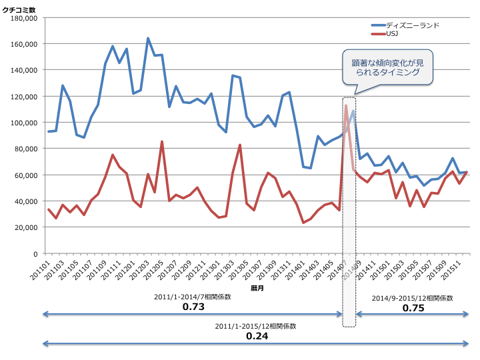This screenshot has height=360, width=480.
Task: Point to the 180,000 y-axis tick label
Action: pyautogui.click(x=23, y=18)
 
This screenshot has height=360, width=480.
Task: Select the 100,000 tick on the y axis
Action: pyautogui.click(x=23, y=123)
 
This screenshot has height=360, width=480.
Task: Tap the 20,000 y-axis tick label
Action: pyautogui.click(x=25, y=227)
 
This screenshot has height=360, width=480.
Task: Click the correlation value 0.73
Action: pyautogui.click(x=192, y=308)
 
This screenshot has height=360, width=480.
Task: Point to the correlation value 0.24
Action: pyautogui.click(x=256, y=337)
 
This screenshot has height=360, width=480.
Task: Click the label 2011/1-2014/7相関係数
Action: pyautogui.click(x=192, y=297)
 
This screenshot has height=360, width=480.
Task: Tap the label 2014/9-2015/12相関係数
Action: pyautogui.click(x=412, y=297)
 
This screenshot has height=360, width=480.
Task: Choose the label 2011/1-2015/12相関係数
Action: pyautogui.click(x=256, y=326)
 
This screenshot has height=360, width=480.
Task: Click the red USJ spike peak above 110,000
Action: pyautogui.click(x=346, y=105)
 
